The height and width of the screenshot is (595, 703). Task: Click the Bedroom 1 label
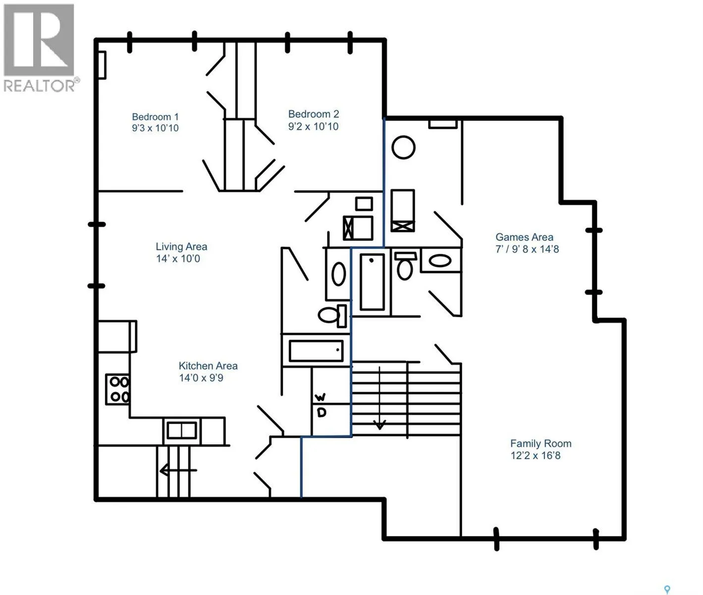click(155, 117)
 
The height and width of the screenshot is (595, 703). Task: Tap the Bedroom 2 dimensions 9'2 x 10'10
click(313, 126)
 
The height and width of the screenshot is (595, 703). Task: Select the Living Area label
click(181, 246)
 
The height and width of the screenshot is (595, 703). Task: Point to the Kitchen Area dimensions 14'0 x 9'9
click(201, 378)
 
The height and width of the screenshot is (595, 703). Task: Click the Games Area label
click(524, 237)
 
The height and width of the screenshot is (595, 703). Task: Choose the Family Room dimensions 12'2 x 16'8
click(536, 456)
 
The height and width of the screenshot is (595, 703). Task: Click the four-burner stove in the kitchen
click(117, 389)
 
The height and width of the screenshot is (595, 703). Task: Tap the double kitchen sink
click(182, 431)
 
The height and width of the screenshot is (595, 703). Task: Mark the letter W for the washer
click(320, 397)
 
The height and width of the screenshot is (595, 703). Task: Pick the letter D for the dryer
click(322, 413)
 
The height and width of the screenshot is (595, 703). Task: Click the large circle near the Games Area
click(403, 147)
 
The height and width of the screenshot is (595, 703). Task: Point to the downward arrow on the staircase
click(379, 398)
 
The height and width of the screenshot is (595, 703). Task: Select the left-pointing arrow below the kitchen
click(178, 471)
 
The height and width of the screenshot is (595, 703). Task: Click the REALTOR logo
click(41, 48)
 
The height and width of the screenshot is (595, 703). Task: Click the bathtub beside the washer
click(316, 351)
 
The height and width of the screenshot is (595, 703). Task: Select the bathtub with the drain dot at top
click(373, 282)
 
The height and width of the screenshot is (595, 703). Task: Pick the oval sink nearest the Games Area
click(440, 261)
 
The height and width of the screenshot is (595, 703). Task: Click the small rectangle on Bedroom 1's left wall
click(102, 65)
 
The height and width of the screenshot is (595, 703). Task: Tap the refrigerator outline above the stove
click(117, 336)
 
